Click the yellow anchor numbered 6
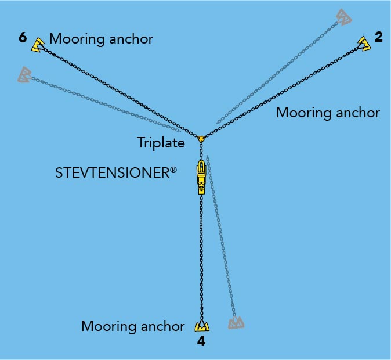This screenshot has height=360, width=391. [38, 45]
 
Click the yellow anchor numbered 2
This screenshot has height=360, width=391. [364, 44]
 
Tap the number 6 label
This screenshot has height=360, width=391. [23, 38]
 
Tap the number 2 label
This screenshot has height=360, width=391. [379, 38]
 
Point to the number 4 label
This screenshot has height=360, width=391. [201, 342]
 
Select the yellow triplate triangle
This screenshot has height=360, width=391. [201, 139]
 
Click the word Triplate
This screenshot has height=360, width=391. [161, 142]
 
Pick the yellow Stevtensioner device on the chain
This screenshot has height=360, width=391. [201, 176]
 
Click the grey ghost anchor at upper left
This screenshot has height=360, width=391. [24, 74]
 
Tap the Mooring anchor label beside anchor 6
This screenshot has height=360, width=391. [101, 39]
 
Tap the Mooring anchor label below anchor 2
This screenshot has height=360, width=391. [328, 113]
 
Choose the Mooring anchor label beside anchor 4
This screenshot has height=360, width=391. [133, 326]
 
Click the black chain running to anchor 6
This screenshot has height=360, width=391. [116, 90]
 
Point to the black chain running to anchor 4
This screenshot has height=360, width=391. [201, 255]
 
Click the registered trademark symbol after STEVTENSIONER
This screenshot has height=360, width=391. [173, 168]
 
